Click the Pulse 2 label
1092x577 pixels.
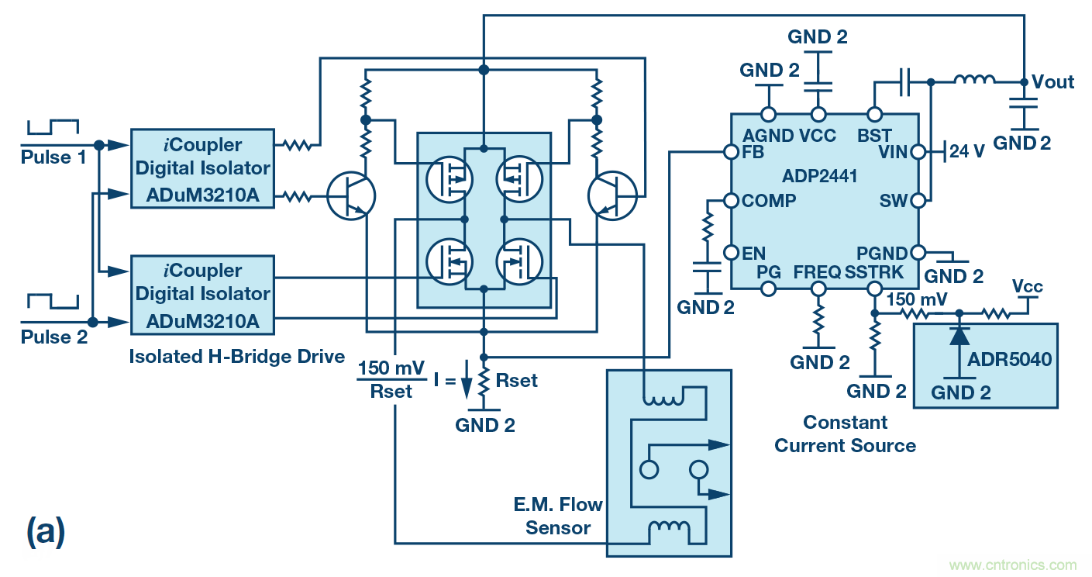pos(53,338)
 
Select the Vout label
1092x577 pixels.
pos(1053,82)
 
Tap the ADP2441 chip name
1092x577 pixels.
pos(820,176)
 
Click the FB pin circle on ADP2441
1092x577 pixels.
pos(729,152)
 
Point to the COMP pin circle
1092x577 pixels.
pos(729,200)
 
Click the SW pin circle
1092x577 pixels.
pos(918,201)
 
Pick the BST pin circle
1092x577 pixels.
pos(874,114)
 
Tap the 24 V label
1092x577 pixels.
pos(967,152)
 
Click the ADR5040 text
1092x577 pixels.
pos(1010,361)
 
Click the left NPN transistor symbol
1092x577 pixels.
pos(351,195)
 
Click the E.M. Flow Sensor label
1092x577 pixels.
pos(557,517)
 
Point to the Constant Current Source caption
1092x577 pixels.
pos(845,434)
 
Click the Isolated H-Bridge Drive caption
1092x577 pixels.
pos(236,357)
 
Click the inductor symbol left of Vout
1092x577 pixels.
pos(974,79)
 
